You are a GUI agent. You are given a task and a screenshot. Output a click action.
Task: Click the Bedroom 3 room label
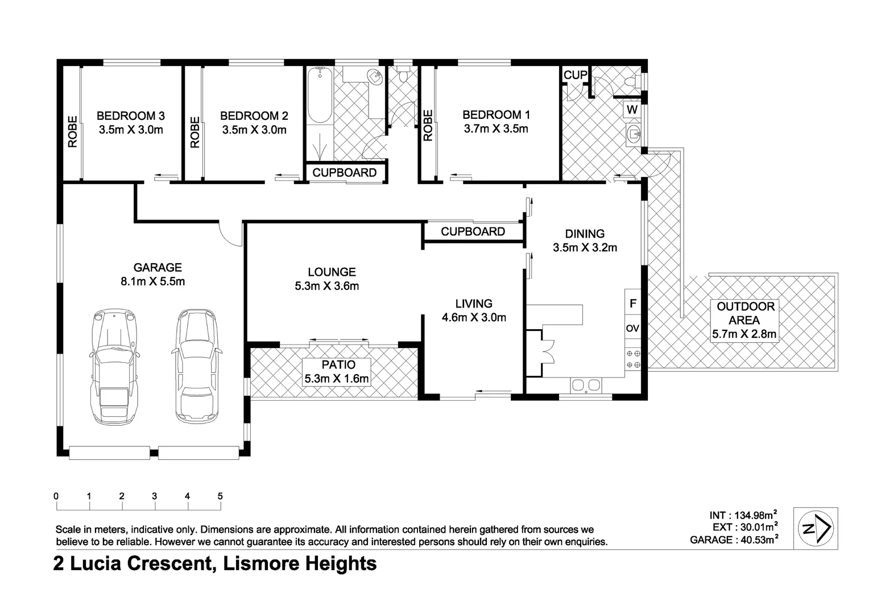130,115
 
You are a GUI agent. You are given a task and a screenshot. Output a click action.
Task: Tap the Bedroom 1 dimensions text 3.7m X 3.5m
495,129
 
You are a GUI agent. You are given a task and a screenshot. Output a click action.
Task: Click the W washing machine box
632,109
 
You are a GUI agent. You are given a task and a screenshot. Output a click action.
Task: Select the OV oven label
632,329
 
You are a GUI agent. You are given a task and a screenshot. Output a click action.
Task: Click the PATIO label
338,365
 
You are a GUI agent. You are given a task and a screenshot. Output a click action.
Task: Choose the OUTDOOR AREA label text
745,313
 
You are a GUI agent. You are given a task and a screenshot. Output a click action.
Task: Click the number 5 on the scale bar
220,496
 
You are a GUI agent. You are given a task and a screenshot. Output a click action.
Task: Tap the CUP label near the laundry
575,75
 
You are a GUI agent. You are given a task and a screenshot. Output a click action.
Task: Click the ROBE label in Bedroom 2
195,132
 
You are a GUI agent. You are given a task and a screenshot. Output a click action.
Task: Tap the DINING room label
585,234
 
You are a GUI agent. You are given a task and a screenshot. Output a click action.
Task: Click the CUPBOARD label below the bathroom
345,173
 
